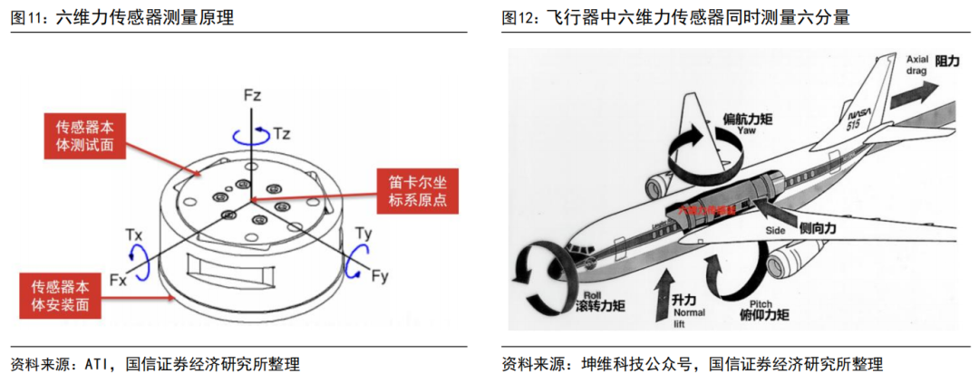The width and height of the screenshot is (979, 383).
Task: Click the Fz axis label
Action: (x=252, y=94)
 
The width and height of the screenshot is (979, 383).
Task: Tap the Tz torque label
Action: (x=282, y=133)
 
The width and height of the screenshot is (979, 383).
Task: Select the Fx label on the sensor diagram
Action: (x=118, y=280)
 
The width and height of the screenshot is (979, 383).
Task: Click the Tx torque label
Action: (x=132, y=235)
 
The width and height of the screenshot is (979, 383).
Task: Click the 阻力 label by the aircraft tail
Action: (x=946, y=61)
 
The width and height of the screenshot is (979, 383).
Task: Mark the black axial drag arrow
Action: (x=912, y=91)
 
